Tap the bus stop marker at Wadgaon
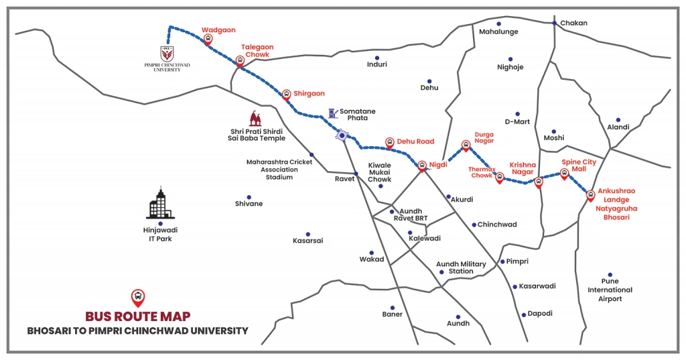coord(208,39)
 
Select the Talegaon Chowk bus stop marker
coord(240,61)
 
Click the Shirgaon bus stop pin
coord(287,94)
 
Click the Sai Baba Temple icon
coord(254,119)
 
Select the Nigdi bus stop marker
coord(422,165)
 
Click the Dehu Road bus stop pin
coord(390,142)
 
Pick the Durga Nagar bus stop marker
coord(466,145)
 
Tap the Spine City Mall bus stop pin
coord(564,174)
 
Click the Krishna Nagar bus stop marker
coord(538,182)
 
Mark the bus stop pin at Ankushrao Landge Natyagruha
coord(590,196)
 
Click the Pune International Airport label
coord(610,290)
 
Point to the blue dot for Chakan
coord(554,23)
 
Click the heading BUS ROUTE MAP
coord(137,316)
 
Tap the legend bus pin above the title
coord(137,296)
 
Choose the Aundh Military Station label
coord(461,267)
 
